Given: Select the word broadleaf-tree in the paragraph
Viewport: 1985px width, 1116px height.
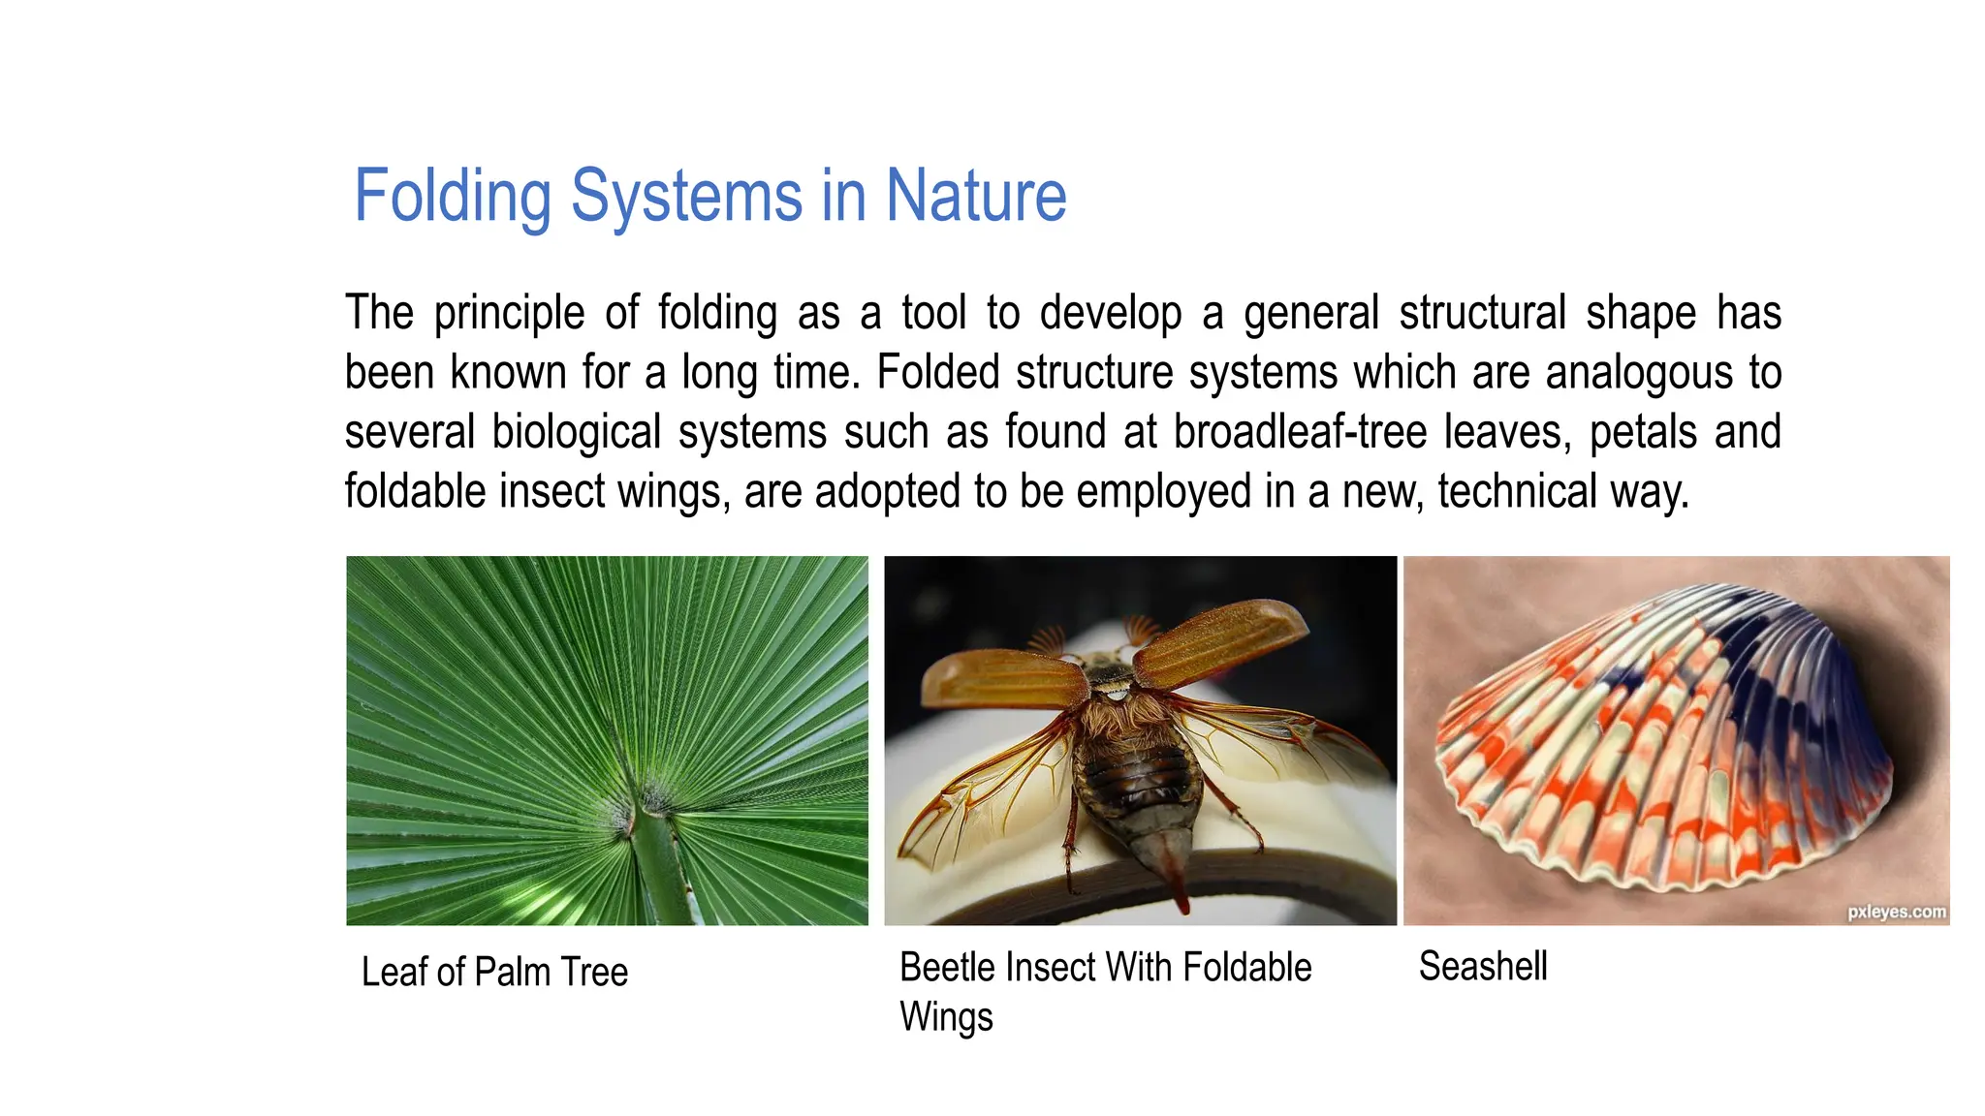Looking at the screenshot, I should [x=1300, y=432].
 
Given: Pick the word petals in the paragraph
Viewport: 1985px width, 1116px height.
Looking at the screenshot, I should [x=1643, y=433].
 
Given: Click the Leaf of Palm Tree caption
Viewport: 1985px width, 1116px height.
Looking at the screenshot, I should [x=494, y=972].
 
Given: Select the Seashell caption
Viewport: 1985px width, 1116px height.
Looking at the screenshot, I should [x=1482, y=966].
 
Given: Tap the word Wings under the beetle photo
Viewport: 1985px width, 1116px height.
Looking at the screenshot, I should [x=946, y=1017].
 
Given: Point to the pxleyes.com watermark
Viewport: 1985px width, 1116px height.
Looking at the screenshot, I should [x=1896, y=912].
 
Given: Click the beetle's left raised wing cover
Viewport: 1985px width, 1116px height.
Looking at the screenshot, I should [x=1003, y=678].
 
